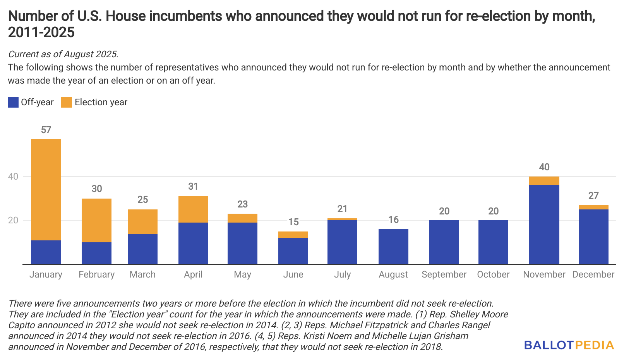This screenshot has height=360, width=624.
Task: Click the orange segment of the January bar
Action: tap(46, 189)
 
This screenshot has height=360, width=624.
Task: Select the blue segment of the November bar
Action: tap(544, 225)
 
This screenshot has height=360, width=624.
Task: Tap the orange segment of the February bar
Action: tap(96, 220)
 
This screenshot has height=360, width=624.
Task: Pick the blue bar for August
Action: tap(393, 247)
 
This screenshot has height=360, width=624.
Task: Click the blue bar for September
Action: tap(444, 242)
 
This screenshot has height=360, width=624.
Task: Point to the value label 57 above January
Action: tap(46, 130)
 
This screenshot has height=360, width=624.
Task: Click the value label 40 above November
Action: tap(544, 167)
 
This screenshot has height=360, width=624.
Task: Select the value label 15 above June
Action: tap(293, 222)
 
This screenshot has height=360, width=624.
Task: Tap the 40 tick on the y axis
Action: tap(13, 177)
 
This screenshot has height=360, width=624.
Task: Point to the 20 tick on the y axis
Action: tap(13, 220)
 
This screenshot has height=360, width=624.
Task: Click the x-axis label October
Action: tap(493, 274)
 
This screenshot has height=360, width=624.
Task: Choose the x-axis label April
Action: tap(193, 275)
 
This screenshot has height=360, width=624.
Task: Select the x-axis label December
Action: tap(593, 274)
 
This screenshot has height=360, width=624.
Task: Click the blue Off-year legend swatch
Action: tap(13, 102)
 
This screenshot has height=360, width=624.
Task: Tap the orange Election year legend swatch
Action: tap(67, 102)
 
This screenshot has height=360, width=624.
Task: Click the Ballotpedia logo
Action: tap(569, 345)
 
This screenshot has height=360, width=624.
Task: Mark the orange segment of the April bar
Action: tap(193, 209)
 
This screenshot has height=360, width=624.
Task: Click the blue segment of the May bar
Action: tap(242, 243)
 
